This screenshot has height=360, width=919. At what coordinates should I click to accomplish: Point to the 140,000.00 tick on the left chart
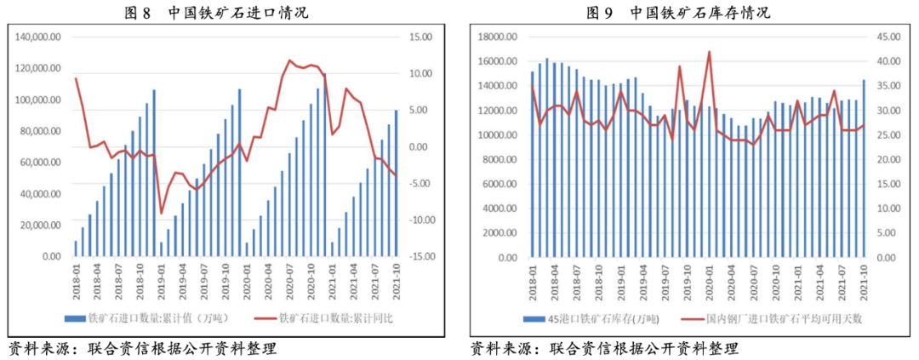pyautogui.click(x=37, y=37)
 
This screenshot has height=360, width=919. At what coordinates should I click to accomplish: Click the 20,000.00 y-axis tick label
pyautogui.click(x=40, y=226)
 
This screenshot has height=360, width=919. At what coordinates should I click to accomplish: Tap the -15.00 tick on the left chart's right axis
pyautogui.click(x=422, y=256)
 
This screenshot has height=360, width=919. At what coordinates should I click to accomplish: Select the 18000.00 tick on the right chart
pyautogui.click(x=499, y=37)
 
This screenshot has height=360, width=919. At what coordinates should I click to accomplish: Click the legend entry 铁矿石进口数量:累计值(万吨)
pyautogui.click(x=150, y=318)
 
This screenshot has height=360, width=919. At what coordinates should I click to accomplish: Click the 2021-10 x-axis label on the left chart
pyautogui.click(x=397, y=279)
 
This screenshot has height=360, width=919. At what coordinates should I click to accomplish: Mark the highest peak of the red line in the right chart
pyautogui.click(x=710, y=52)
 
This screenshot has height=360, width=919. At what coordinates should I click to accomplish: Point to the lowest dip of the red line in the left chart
pyautogui.click(x=162, y=214)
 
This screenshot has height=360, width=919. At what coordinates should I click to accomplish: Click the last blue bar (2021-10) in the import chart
pyautogui.click(x=395, y=183)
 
